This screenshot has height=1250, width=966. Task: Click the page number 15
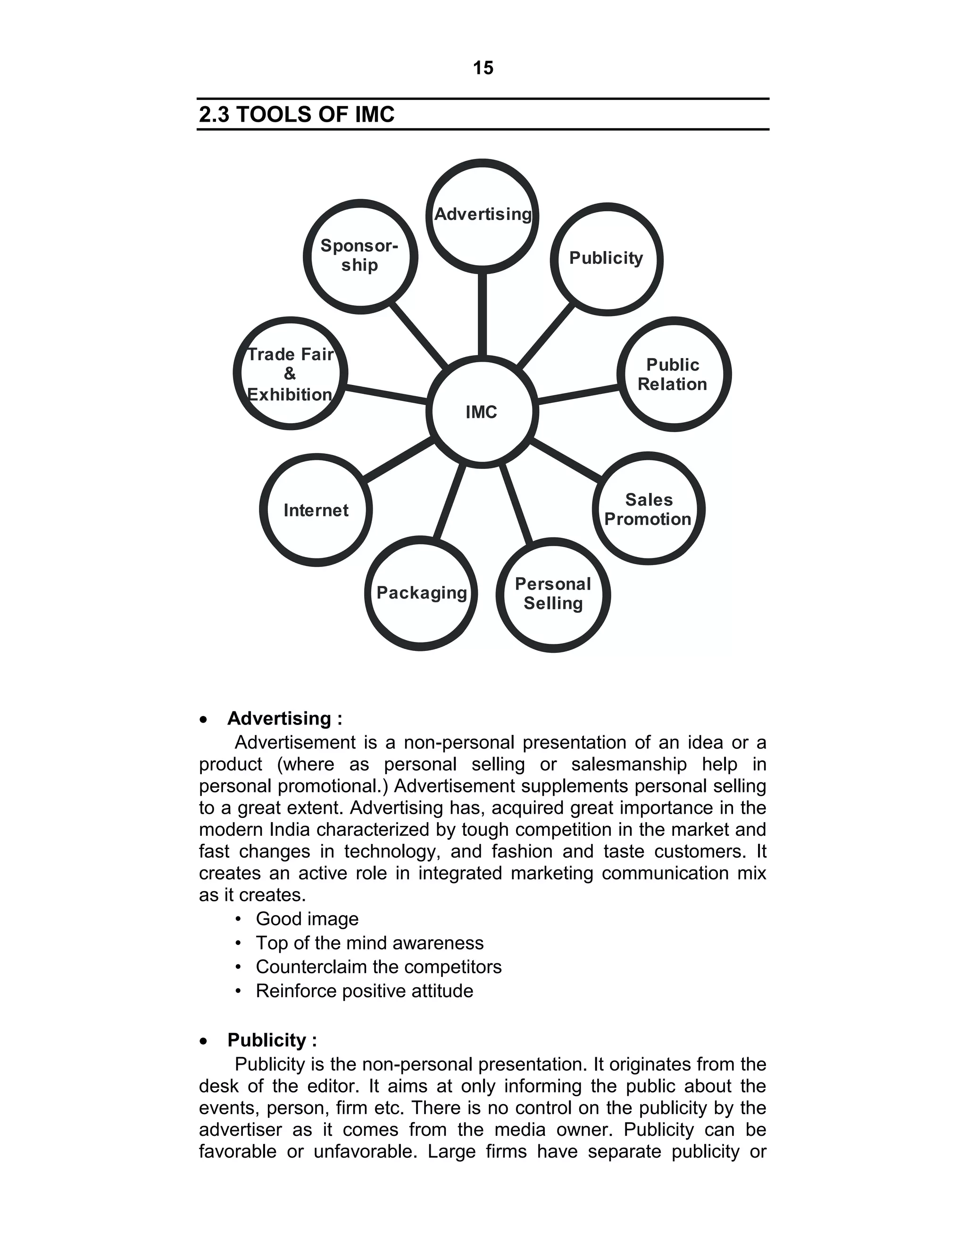pyautogui.click(x=483, y=68)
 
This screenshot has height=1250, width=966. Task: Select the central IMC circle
pyautogui.click(x=482, y=411)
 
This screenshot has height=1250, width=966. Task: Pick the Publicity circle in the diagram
pyautogui.click(x=606, y=258)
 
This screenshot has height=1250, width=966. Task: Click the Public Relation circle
pyautogui.click(x=673, y=375)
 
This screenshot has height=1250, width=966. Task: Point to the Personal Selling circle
pyautogui.click(x=553, y=594)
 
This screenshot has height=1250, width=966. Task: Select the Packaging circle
pyautogui.click(x=421, y=593)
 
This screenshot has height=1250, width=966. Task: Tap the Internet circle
pyautogui.click(x=316, y=510)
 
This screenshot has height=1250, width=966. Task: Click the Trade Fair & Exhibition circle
pyautogui.click(x=291, y=374)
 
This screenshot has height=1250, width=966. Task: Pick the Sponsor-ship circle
pyautogui.click(x=360, y=256)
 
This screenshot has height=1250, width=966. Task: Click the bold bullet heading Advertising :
pyautogui.click(x=284, y=718)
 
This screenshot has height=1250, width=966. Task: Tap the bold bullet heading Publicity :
pyautogui.click(x=272, y=1040)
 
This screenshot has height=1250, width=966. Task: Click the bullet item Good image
pyautogui.click(x=307, y=918)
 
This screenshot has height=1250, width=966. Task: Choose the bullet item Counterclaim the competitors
pyautogui.click(x=378, y=967)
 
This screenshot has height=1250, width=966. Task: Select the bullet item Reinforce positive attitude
pyautogui.click(x=365, y=991)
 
